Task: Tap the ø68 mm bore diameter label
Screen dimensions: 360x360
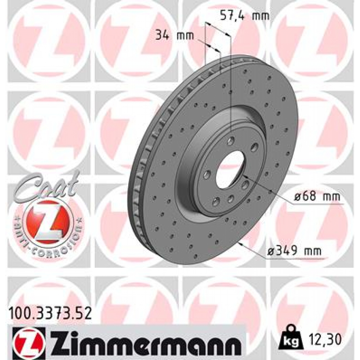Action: pos(317,197)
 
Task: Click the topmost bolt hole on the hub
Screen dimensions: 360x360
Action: pos(231,141)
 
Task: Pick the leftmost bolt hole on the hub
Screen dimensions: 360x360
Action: pos(207,174)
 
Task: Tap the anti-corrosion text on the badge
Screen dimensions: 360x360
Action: pos(49,243)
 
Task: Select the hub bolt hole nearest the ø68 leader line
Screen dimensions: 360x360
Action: pos(245,185)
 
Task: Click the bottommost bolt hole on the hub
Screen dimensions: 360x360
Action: pos(216,201)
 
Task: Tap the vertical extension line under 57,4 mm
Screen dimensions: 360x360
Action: pos(231,88)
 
